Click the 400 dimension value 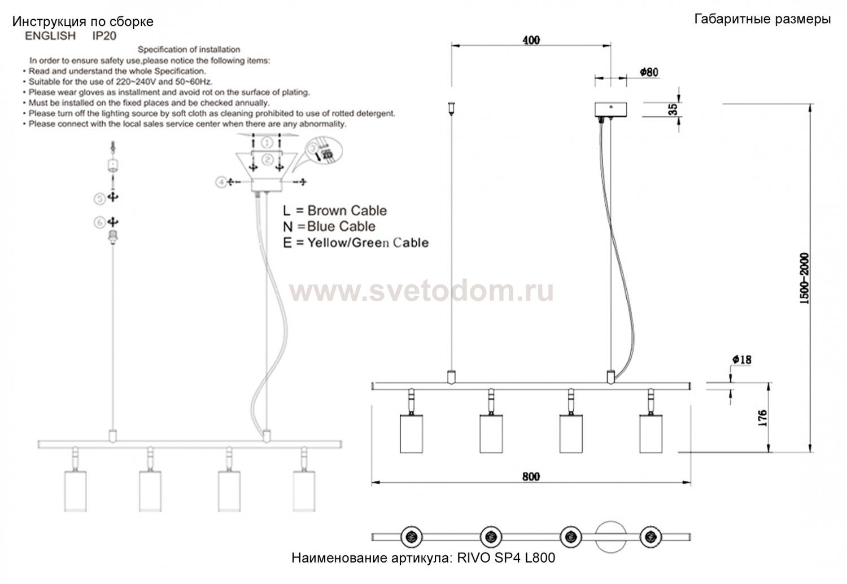531,40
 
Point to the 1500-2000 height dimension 804,279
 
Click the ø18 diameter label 741,359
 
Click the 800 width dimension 531,477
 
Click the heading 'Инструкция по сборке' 83,22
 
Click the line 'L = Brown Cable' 335,210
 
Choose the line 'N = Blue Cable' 329,226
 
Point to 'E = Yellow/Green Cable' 356,243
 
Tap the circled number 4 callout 221,182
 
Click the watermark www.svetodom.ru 421,292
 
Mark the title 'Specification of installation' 189,50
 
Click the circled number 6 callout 99,222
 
